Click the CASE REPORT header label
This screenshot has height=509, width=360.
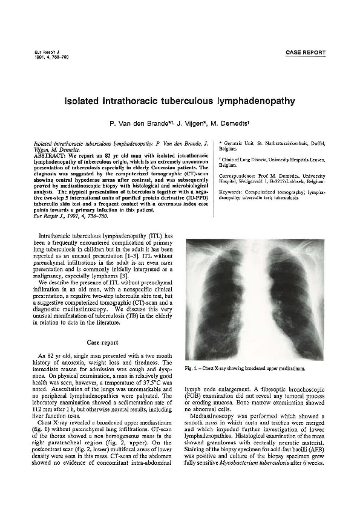click(x=305, y=53)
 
